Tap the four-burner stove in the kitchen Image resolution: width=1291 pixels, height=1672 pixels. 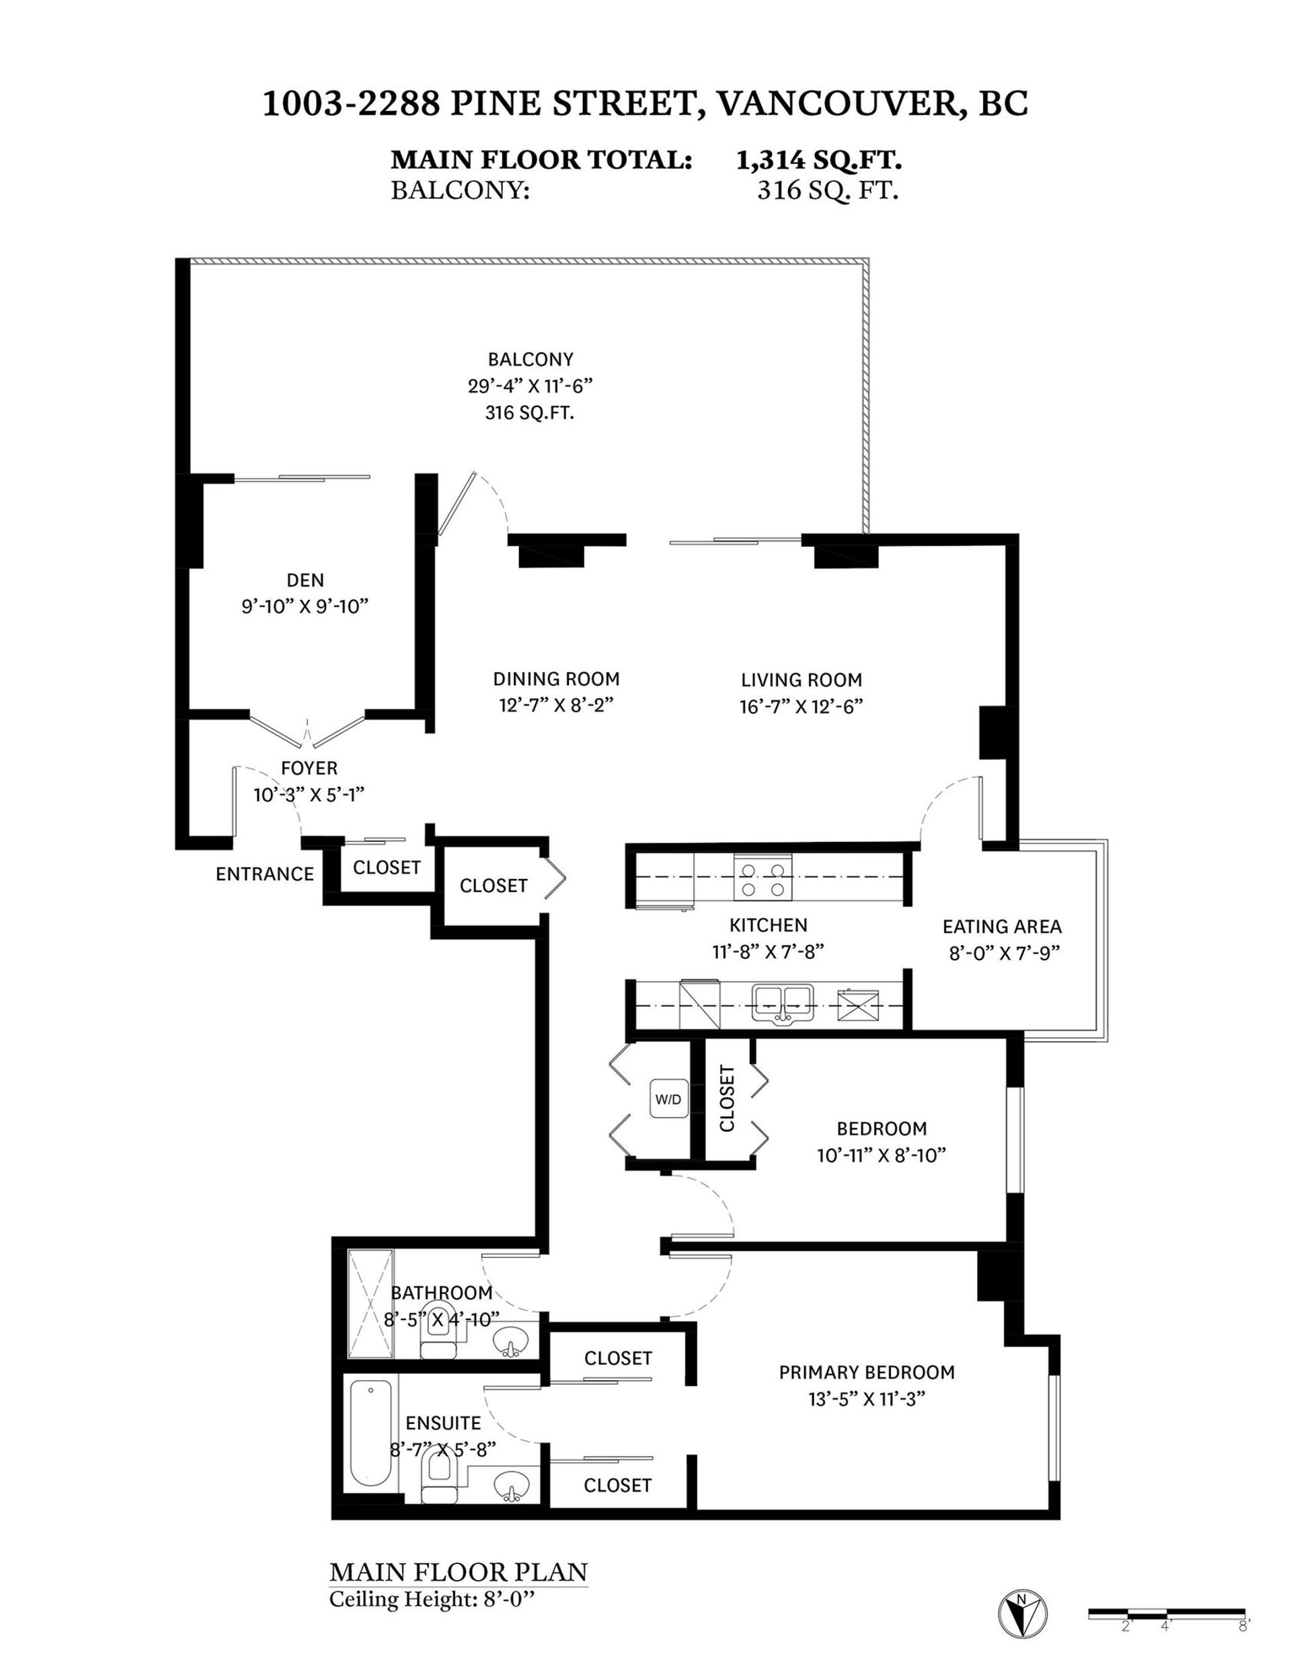pos(763,878)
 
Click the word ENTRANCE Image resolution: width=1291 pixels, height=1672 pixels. pos(265,874)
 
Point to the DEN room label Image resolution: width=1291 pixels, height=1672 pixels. pos(305,580)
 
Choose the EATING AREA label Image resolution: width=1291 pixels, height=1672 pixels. pos(1002,927)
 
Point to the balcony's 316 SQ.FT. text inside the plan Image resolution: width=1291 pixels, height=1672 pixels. pos(530,414)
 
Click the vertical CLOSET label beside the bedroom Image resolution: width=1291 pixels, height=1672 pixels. pos(727,1098)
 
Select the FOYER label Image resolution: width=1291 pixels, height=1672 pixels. pos(309,768)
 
